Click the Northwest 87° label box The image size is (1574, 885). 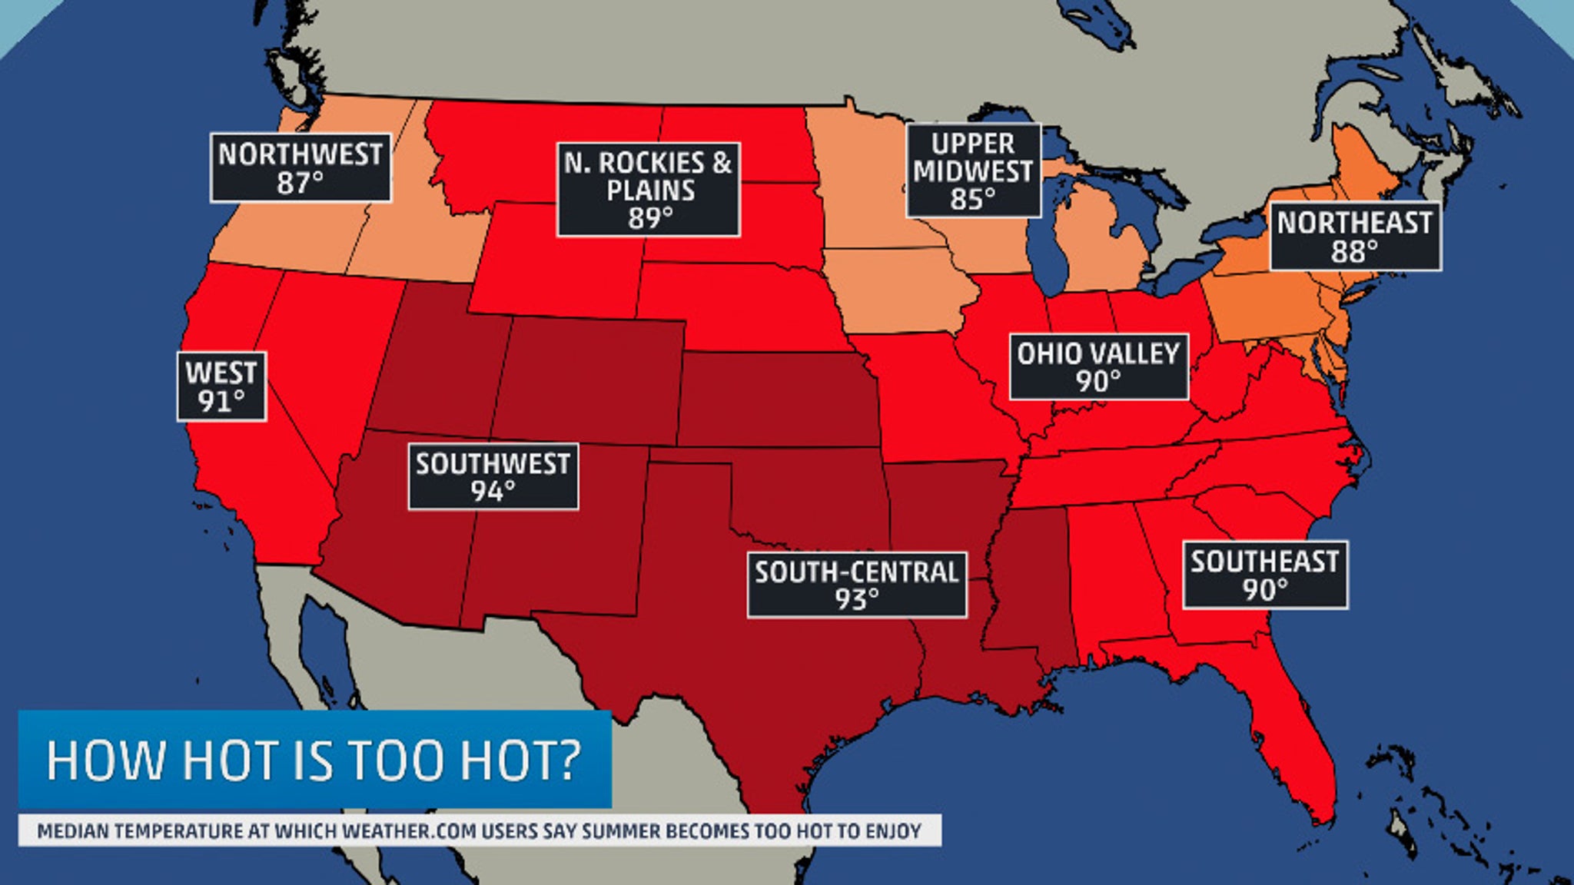(x=301, y=167)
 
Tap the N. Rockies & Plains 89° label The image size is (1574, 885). (x=649, y=189)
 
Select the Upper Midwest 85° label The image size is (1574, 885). (x=973, y=171)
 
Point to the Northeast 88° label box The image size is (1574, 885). (x=1354, y=237)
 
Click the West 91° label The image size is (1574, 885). (x=221, y=386)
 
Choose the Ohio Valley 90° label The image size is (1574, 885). (x=1098, y=366)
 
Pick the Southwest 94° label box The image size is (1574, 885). (x=493, y=476)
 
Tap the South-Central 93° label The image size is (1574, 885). (x=856, y=585)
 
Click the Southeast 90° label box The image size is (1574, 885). (x=1264, y=575)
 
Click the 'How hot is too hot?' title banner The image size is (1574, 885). (x=314, y=759)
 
